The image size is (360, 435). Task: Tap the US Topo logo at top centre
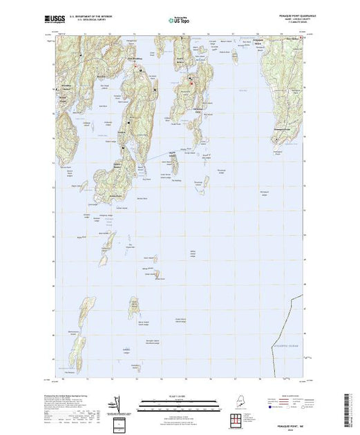pos(179,21)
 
